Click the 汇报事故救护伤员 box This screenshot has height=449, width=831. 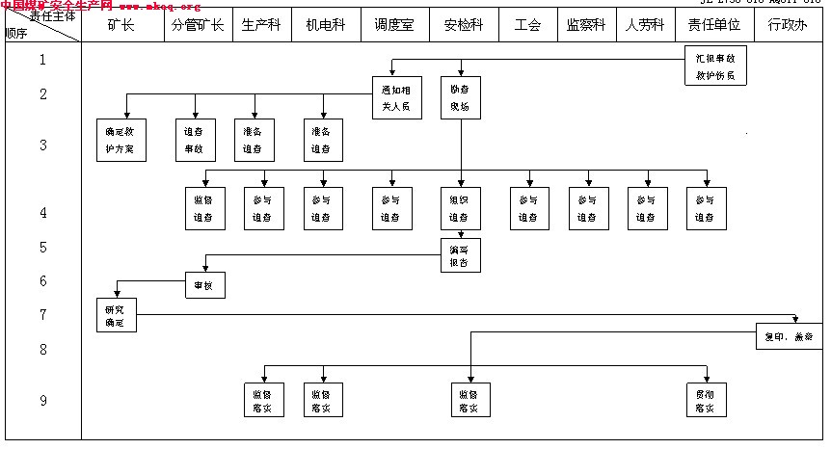click(x=715, y=66)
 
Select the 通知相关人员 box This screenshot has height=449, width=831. click(x=396, y=97)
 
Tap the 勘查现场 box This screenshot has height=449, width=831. click(x=460, y=97)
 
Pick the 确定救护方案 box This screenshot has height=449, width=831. click(x=125, y=141)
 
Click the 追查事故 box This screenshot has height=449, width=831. click(x=195, y=141)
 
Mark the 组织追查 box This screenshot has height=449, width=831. click(x=459, y=209)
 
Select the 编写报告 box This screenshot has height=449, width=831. click(x=460, y=254)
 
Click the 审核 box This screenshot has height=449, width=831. click(x=205, y=286)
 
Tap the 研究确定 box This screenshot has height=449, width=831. click(x=116, y=315)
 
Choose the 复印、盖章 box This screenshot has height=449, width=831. click(x=789, y=337)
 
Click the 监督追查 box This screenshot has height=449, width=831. click(x=205, y=209)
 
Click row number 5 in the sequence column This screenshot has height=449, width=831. click(x=42, y=248)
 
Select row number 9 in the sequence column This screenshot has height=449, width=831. click(x=42, y=401)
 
